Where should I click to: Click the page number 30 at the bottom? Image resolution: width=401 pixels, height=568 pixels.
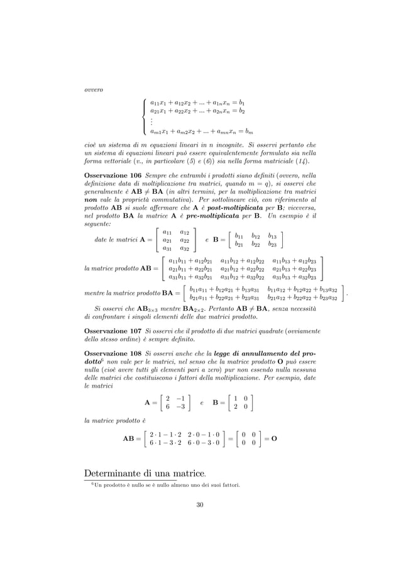[x=200, y=504]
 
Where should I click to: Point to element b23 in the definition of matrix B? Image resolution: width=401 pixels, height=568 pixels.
[x=272, y=243]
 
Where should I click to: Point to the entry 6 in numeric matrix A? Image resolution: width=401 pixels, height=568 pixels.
[x=165, y=407]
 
